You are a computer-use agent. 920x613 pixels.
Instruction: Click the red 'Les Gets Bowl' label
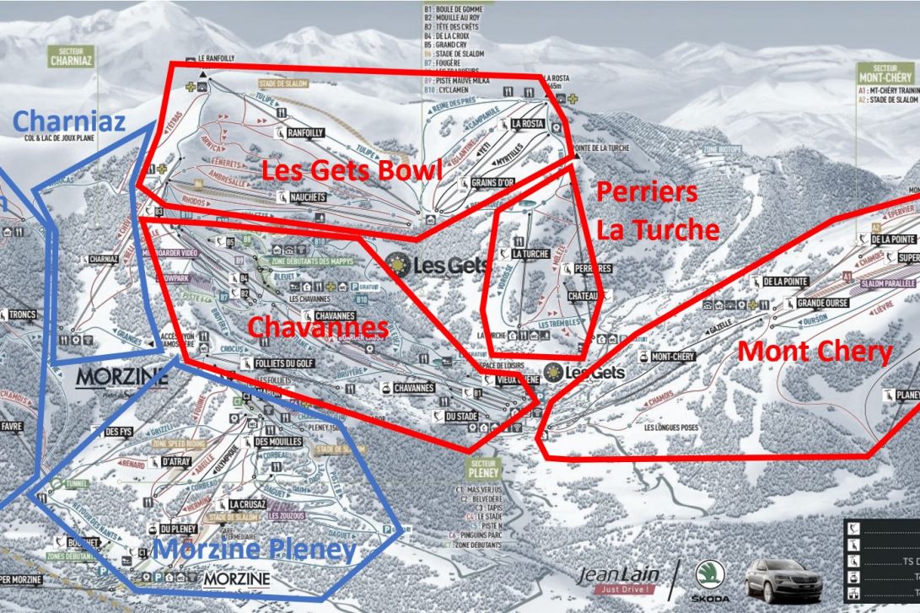tap(351, 169)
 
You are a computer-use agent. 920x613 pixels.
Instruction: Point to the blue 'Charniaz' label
tap(69, 121)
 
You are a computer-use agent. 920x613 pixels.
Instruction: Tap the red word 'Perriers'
tap(647, 192)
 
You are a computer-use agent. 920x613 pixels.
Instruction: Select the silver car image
tap(784, 580)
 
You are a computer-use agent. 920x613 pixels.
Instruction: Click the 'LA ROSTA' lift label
tap(527, 124)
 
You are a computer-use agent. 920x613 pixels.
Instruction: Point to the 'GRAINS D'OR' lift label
tap(493, 183)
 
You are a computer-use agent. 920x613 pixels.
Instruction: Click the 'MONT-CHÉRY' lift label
tap(672, 357)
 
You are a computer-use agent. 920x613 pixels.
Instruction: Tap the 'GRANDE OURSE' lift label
tap(820, 302)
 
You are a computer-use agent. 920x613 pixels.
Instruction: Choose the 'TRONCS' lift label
tap(23, 315)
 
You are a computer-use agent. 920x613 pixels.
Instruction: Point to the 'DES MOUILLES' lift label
tap(278, 442)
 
